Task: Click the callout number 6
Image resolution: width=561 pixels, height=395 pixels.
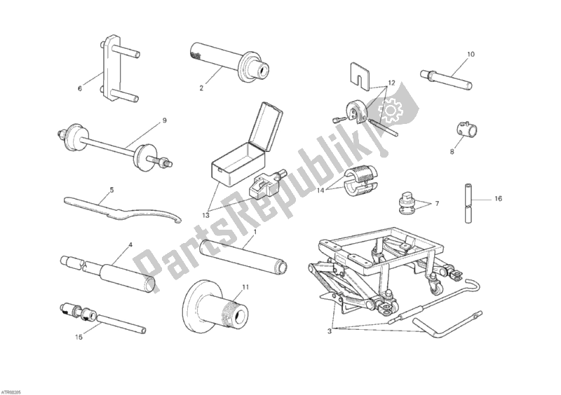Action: pos(80,89)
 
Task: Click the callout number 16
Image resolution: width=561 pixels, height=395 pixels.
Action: pos(499,199)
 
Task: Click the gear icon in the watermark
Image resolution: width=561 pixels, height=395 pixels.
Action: pos(388,110)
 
